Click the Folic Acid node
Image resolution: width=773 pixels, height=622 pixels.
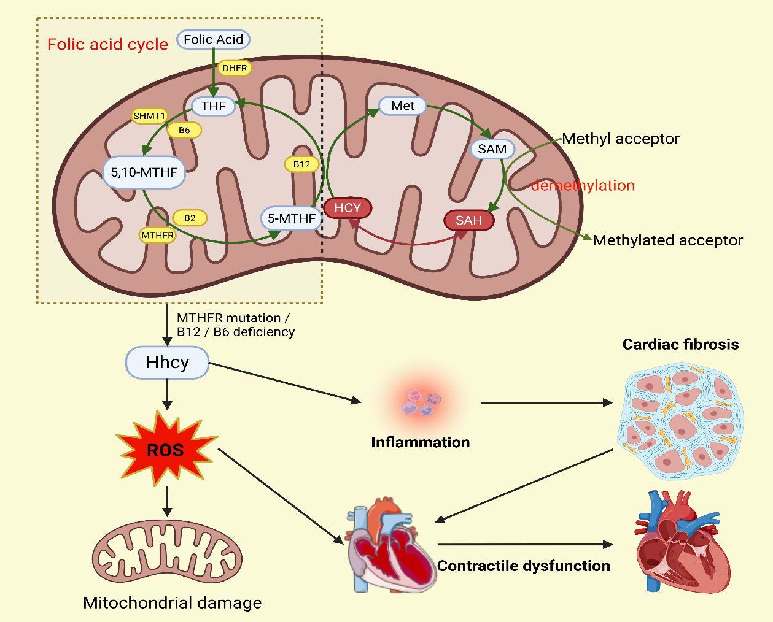click(213, 39)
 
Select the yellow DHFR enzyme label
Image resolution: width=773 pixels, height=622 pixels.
click(235, 68)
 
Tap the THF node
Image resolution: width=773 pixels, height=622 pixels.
click(213, 106)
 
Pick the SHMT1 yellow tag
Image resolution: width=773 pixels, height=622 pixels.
click(149, 116)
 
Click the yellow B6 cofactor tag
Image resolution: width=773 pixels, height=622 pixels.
click(184, 130)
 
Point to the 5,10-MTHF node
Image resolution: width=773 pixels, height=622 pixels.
click(144, 172)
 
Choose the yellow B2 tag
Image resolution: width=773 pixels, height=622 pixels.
click(190, 218)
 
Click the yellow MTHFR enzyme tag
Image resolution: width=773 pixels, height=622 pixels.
click(158, 235)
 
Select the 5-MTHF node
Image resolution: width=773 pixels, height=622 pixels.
click(291, 218)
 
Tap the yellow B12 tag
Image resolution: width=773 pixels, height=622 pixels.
click(301, 164)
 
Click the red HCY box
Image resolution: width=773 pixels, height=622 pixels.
click(348, 208)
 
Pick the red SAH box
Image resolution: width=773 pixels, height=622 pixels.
click(468, 220)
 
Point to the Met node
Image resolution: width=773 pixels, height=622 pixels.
click(403, 106)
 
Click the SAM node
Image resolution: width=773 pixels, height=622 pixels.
click(492, 149)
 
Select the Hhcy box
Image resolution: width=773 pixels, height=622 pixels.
click(167, 363)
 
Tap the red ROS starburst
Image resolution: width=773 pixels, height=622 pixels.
click(166, 450)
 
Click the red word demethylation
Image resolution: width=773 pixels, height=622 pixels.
click(583, 185)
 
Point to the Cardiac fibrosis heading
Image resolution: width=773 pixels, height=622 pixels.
click(680, 344)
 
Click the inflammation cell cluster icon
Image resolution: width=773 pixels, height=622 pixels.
click(422, 402)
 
